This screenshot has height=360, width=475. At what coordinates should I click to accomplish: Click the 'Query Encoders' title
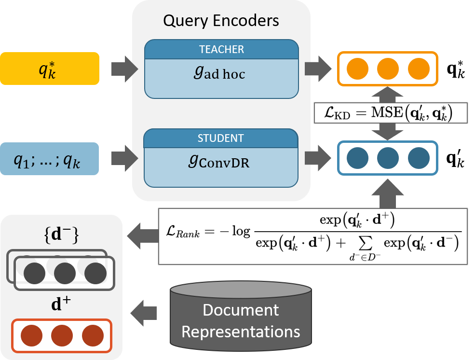pos(221,21)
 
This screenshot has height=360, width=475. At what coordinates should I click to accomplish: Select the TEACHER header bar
pos(221,49)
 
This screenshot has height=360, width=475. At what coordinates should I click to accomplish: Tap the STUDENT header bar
pos(221,138)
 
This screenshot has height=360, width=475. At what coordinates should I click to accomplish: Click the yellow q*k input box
pos(50,69)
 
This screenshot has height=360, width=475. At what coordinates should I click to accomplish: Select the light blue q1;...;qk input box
pos(50,158)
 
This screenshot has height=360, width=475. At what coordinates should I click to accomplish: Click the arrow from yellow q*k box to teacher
pos(124,69)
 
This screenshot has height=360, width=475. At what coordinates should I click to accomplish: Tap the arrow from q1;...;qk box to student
pos(124,158)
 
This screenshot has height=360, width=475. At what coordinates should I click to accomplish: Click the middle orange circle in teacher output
pos(387,69)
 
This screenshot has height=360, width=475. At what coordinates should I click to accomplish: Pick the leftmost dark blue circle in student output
pos(357,158)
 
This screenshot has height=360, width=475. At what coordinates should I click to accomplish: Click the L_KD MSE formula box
pos(390,113)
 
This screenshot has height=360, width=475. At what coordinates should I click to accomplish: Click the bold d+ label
pos(61,305)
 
